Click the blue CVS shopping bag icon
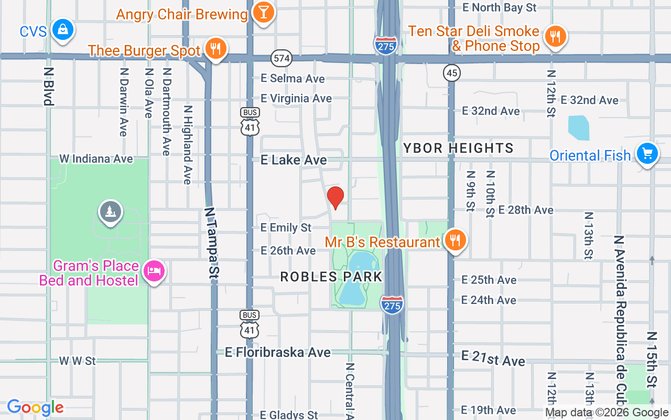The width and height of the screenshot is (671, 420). tap(63, 29)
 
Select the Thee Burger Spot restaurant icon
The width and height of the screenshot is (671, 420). tap(215, 48)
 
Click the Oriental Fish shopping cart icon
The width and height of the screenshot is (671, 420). tap(647, 154)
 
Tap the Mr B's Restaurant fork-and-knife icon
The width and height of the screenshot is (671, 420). tap(455, 240)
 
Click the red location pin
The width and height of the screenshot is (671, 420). tap(335, 198)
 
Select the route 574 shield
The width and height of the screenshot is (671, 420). tap(282, 58)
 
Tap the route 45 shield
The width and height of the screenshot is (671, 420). tap(452, 73)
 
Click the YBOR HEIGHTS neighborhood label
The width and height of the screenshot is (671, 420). tap(458, 149)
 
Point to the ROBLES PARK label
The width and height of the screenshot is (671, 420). tap(331, 277)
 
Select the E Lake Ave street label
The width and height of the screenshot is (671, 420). tap(294, 160)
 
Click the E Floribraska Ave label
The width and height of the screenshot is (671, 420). tap(278, 352)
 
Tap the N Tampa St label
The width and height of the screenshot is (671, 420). tap(211, 241)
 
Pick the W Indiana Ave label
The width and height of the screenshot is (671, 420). tap(96, 159)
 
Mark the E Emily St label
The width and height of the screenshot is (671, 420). tap(286, 228)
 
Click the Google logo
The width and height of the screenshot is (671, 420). tap(36, 407)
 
